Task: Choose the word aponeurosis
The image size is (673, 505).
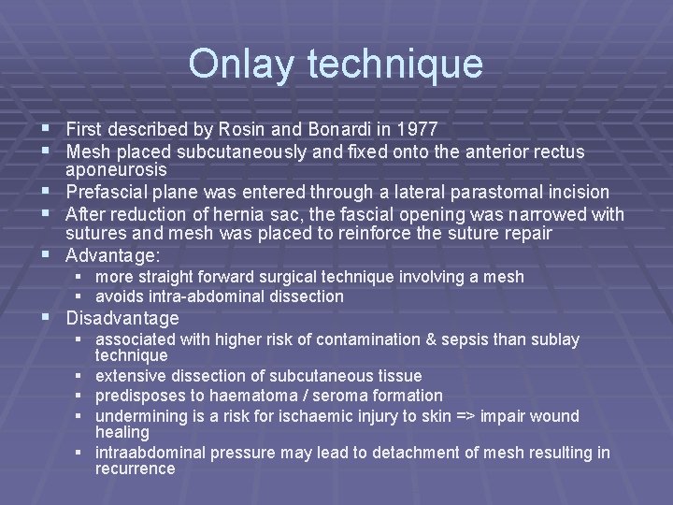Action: click(116, 169)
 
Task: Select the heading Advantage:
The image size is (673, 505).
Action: click(113, 254)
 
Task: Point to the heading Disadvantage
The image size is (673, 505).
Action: click(122, 317)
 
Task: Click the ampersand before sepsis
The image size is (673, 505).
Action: click(419, 339)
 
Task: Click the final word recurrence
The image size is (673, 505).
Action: click(135, 469)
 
